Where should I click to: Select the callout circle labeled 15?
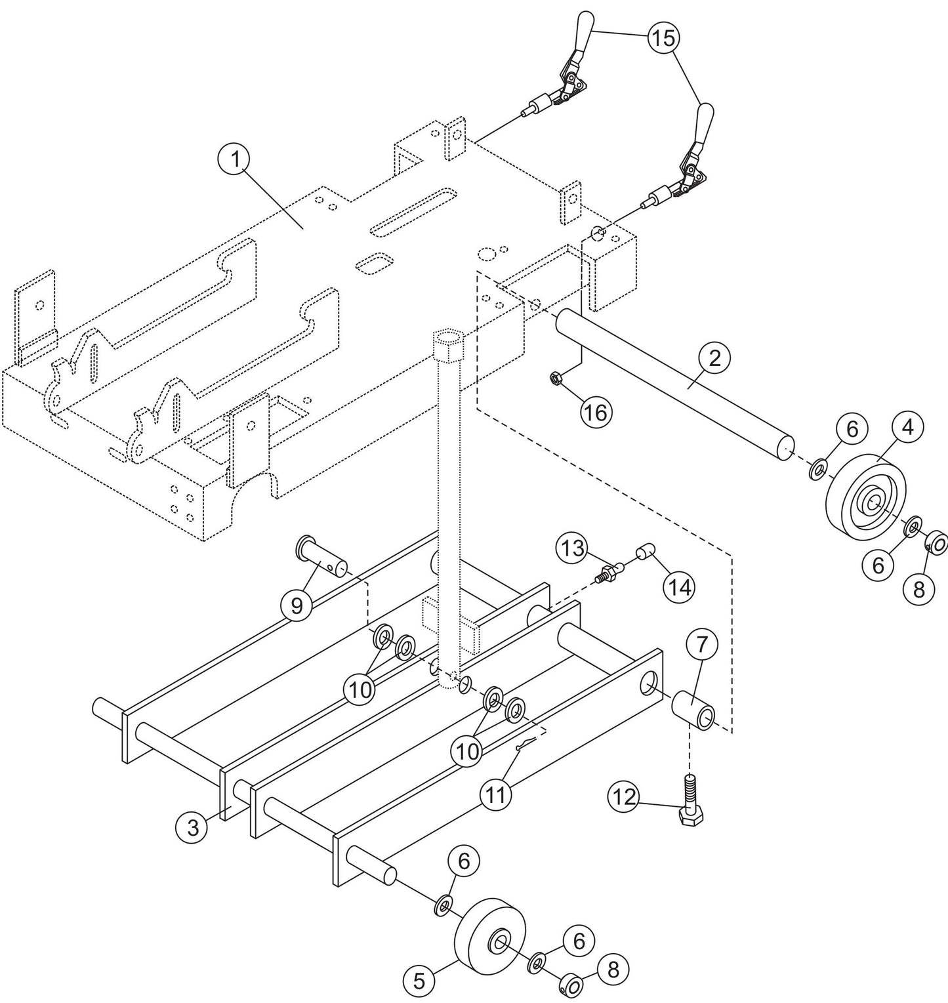[664, 38]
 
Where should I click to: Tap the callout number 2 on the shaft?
[714, 358]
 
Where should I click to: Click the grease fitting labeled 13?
[611, 575]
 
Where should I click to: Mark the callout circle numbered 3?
[192, 828]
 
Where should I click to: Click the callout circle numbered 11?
[495, 794]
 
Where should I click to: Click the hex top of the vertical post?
[448, 342]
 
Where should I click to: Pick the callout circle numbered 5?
[419, 981]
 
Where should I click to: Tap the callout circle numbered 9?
[297, 605]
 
